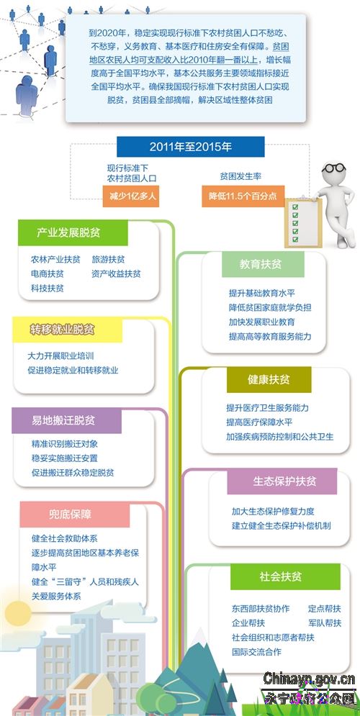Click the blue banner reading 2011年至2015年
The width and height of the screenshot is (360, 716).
(191, 147)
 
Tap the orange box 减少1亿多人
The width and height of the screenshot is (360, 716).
(130, 196)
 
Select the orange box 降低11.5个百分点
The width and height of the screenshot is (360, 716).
(243, 196)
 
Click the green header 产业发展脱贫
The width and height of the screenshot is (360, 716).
(73, 233)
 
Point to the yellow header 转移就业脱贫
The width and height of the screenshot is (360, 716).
(68, 330)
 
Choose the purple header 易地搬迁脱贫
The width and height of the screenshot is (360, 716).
(67, 420)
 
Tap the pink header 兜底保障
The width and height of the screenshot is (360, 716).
(75, 515)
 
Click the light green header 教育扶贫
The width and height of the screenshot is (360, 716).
(263, 264)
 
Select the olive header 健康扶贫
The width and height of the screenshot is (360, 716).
(269, 380)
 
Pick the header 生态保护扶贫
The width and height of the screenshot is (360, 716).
(282, 481)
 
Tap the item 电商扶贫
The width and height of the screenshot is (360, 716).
(47, 274)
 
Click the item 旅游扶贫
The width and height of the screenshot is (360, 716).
(108, 259)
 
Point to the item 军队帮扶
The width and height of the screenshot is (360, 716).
(325, 623)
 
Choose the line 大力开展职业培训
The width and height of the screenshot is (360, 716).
(60, 355)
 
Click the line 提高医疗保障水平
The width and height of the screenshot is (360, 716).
(259, 422)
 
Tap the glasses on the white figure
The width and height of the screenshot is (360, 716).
(333, 168)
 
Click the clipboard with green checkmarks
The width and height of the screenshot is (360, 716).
(303, 223)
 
